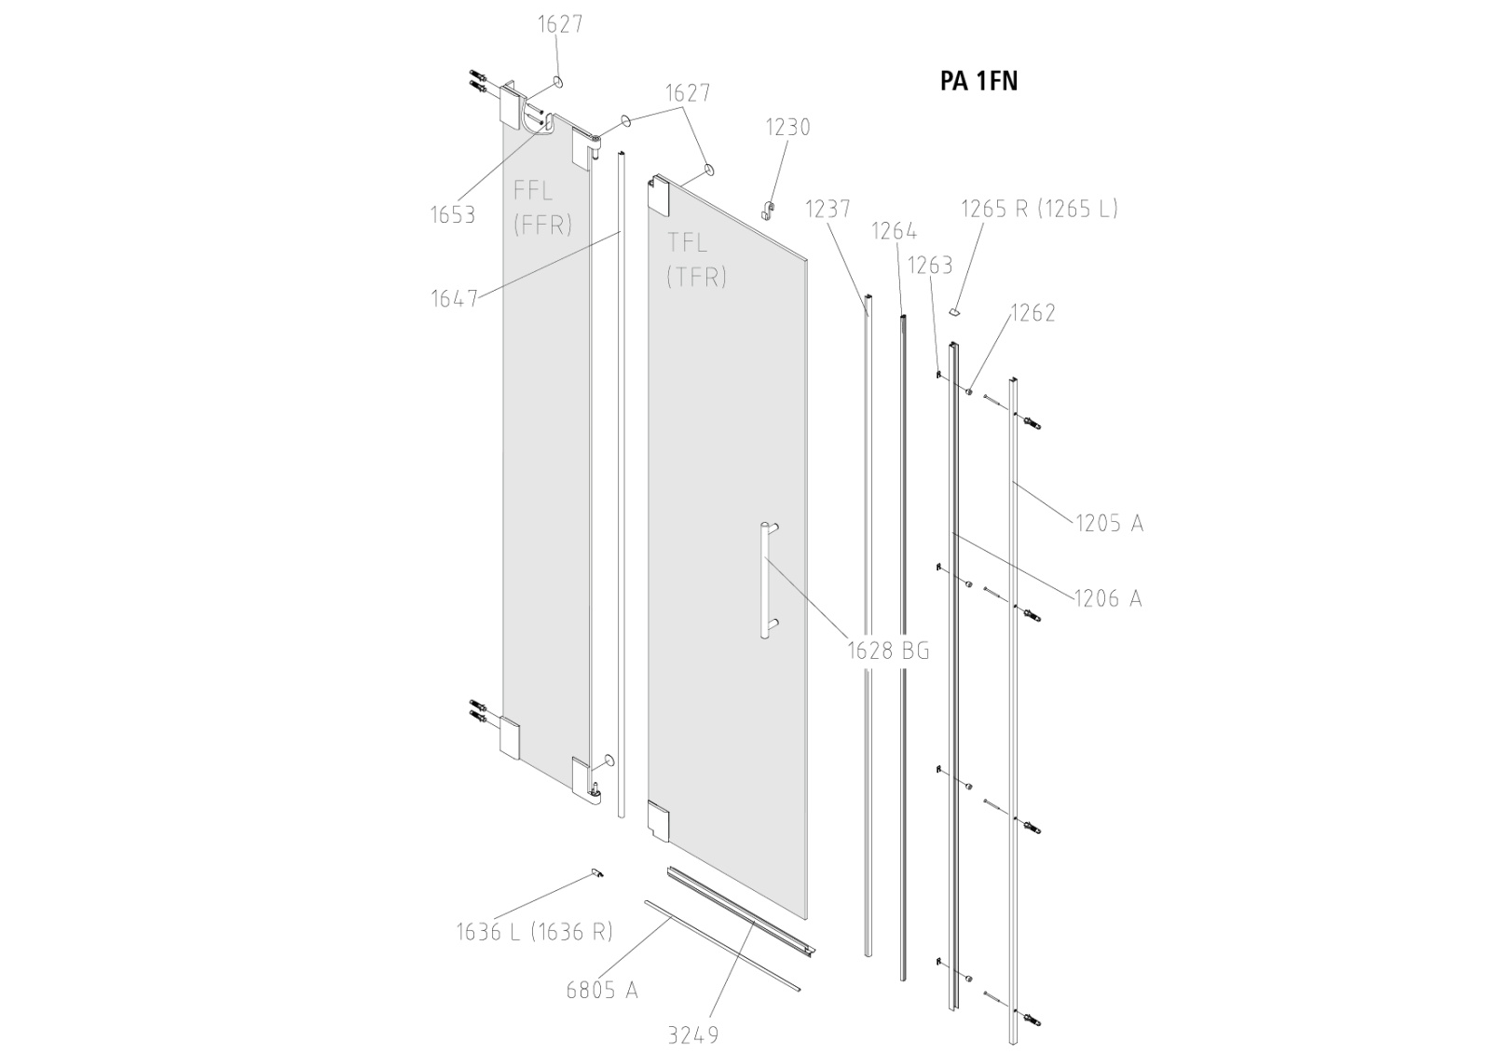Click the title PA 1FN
(978, 82)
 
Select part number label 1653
(453, 215)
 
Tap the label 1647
(454, 298)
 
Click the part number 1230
(788, 128)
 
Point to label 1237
(828, 209)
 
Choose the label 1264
(894, 231)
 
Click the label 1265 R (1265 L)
(1039, 209)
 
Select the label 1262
(1032, 313)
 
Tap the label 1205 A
(1109, 524)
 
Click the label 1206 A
(1108, 598)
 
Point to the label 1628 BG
(888, 651)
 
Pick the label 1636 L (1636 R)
(534, 931)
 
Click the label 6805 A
(602, 990)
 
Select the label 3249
(693, 1034)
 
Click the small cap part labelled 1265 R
(955, 309)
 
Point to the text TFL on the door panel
(688, 243)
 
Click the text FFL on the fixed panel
(533, 191)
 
